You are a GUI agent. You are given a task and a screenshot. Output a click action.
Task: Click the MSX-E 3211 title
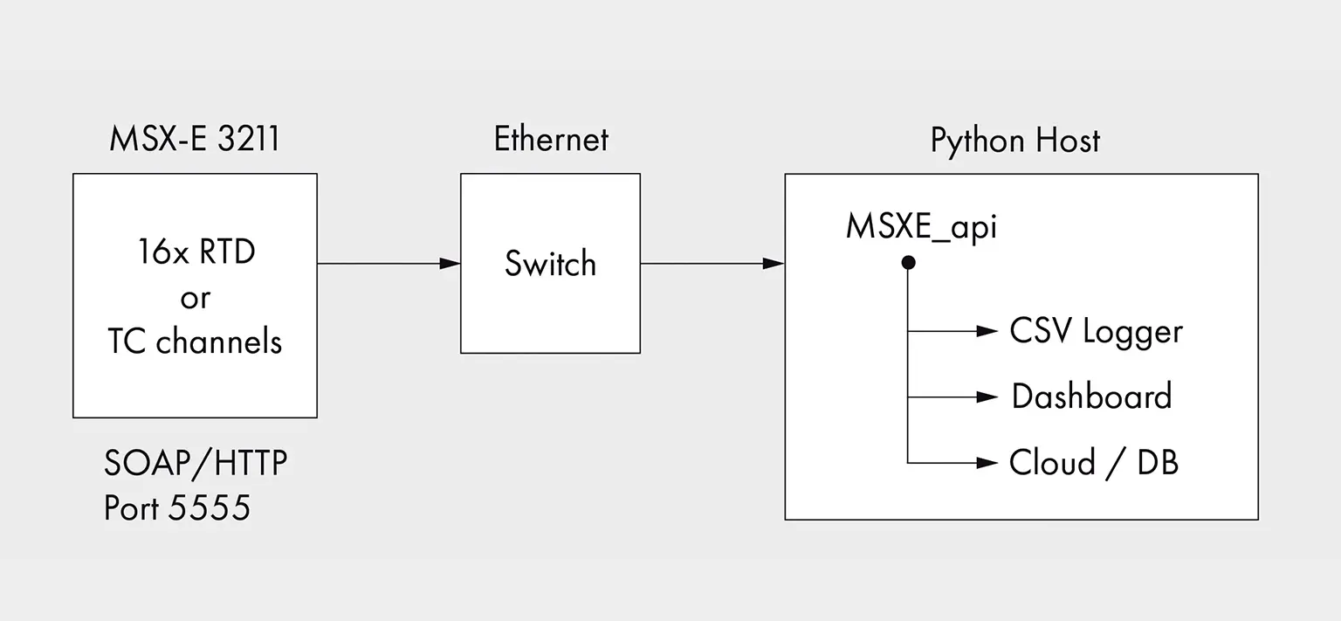point(195,139)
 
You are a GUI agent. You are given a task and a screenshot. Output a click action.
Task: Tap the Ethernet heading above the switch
point(551,139)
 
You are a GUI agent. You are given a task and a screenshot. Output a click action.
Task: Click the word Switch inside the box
point(551,264)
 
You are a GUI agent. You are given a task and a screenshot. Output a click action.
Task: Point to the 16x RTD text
point(196,252)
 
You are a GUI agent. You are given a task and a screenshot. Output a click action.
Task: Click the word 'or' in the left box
point(196,299)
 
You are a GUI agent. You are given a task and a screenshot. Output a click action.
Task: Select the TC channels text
point(195,342)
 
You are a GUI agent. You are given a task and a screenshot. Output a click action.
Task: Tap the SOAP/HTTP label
point(196,464)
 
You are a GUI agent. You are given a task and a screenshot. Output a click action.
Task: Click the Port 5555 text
point(177,507)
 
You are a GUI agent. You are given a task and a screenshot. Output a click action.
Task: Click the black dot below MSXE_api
point(908,262)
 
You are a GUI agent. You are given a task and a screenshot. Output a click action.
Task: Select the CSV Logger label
point(1097,332)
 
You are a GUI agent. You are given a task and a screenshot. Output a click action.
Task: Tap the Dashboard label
point(1092,397)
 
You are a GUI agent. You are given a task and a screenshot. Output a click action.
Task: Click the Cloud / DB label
point(1094,463)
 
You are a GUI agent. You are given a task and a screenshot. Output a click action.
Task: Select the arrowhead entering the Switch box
point(450,264)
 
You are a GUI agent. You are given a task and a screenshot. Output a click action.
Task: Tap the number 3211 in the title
point(249,139)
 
